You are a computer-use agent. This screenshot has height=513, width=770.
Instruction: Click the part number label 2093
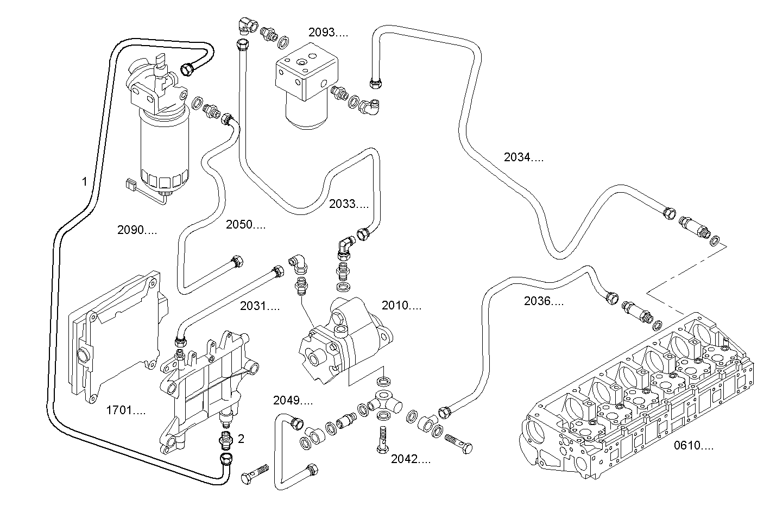point(328,33)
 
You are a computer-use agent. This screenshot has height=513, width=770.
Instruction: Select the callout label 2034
point(523,158)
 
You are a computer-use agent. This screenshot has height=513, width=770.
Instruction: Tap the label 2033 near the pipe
point(349,204)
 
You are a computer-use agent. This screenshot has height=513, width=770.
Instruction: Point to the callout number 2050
point(246,225)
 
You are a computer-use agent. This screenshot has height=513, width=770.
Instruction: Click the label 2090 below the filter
point(137,230)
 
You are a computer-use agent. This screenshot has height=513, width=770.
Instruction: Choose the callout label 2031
point(260,306)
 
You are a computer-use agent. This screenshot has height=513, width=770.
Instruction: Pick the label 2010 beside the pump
point(401,306)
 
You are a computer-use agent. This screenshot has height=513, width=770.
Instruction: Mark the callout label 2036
point(544,301)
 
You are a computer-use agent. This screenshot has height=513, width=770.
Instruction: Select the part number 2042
point(411,460)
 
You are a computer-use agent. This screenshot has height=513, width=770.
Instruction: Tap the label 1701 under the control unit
point(125,410)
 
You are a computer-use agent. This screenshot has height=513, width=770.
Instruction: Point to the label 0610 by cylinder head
point(694,446)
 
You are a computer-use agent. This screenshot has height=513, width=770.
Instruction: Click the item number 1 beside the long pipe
point(84,181)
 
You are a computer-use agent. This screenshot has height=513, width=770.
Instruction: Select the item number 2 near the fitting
point(241,439)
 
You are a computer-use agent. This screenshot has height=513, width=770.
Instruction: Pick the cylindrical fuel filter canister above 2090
point(163,147)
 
